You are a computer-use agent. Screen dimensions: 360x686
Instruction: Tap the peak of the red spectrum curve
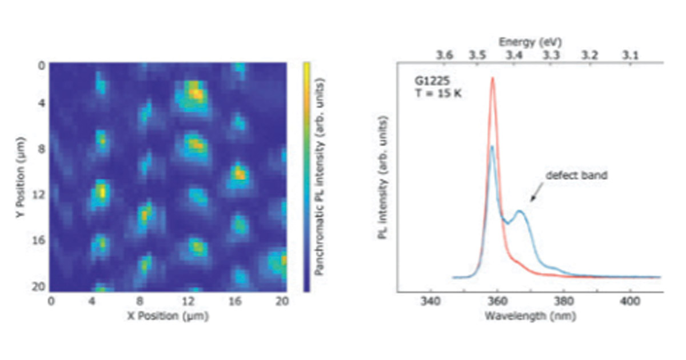click(x=492, y=78)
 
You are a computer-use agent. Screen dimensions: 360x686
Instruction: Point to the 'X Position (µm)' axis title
click(x=167, y=315)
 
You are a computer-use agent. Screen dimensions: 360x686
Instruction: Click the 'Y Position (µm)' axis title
click(x=22, y=177)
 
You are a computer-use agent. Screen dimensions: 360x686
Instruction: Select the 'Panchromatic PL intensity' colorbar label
click(x=322, y=177)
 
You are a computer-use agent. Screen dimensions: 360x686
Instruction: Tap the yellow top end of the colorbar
click(x=307, y=64)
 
